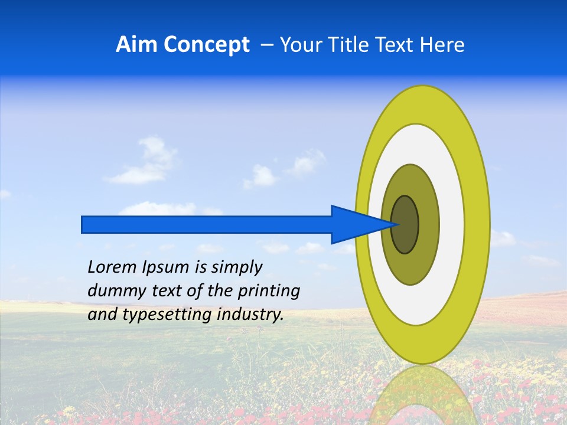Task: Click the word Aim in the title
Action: click(134, 45)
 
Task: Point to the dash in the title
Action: click(267, 45)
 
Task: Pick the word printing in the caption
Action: click(269, 291)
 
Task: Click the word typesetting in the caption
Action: click(168, 315)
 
